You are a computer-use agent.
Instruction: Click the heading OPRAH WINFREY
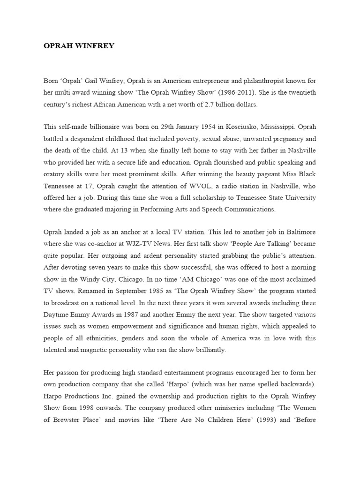click(78, 46)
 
